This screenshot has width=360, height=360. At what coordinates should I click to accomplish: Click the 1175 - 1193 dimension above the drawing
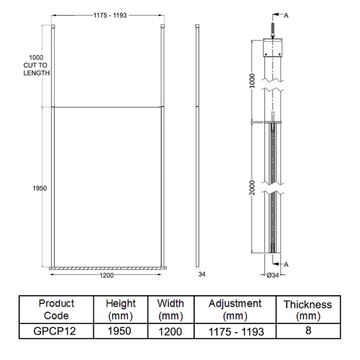110,15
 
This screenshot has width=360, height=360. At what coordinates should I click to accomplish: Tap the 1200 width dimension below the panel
107,275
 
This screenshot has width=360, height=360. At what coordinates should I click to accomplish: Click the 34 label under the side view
202,274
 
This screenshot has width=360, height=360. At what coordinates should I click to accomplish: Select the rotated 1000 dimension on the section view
252,81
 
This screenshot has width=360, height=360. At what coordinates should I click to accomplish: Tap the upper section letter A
286,15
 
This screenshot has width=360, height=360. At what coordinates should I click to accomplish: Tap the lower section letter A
287,264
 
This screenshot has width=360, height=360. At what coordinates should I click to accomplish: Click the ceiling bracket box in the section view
273,47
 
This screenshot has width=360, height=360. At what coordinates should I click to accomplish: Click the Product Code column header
56,309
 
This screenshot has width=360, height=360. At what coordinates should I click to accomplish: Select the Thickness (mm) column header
308,310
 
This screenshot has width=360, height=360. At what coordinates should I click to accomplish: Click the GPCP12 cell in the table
56,332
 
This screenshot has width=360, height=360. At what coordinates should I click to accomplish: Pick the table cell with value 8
308,331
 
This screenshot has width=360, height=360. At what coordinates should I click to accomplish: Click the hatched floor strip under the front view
108,268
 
